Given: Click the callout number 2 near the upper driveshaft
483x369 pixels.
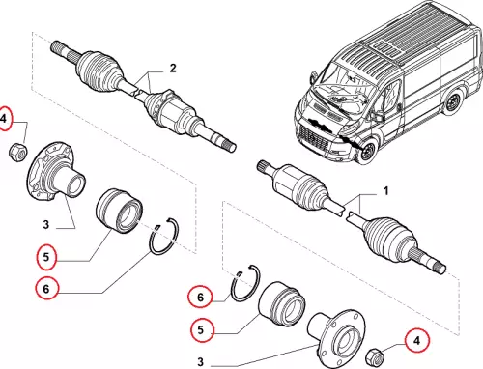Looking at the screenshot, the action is [173, 69].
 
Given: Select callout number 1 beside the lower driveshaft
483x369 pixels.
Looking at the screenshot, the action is [385, 191].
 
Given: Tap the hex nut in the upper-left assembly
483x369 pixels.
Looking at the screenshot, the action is [17, 153].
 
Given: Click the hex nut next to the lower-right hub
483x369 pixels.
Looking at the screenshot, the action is [375, 356].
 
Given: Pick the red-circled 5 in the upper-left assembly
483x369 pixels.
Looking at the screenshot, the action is [46, 257].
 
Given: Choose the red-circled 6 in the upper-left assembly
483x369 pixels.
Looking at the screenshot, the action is [46, 289].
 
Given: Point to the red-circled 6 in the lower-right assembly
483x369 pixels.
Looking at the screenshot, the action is [200, 297].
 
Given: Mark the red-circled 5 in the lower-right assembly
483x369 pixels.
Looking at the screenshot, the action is [201, 329].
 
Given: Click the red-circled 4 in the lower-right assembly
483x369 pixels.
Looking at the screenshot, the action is [416, 340].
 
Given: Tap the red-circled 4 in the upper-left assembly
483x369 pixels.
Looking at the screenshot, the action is [4, 119].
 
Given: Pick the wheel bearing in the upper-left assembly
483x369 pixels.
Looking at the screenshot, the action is [120, 211].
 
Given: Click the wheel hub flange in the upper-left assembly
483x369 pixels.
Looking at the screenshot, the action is [55, 172].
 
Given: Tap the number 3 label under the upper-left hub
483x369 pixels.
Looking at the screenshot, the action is [46, 224].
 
